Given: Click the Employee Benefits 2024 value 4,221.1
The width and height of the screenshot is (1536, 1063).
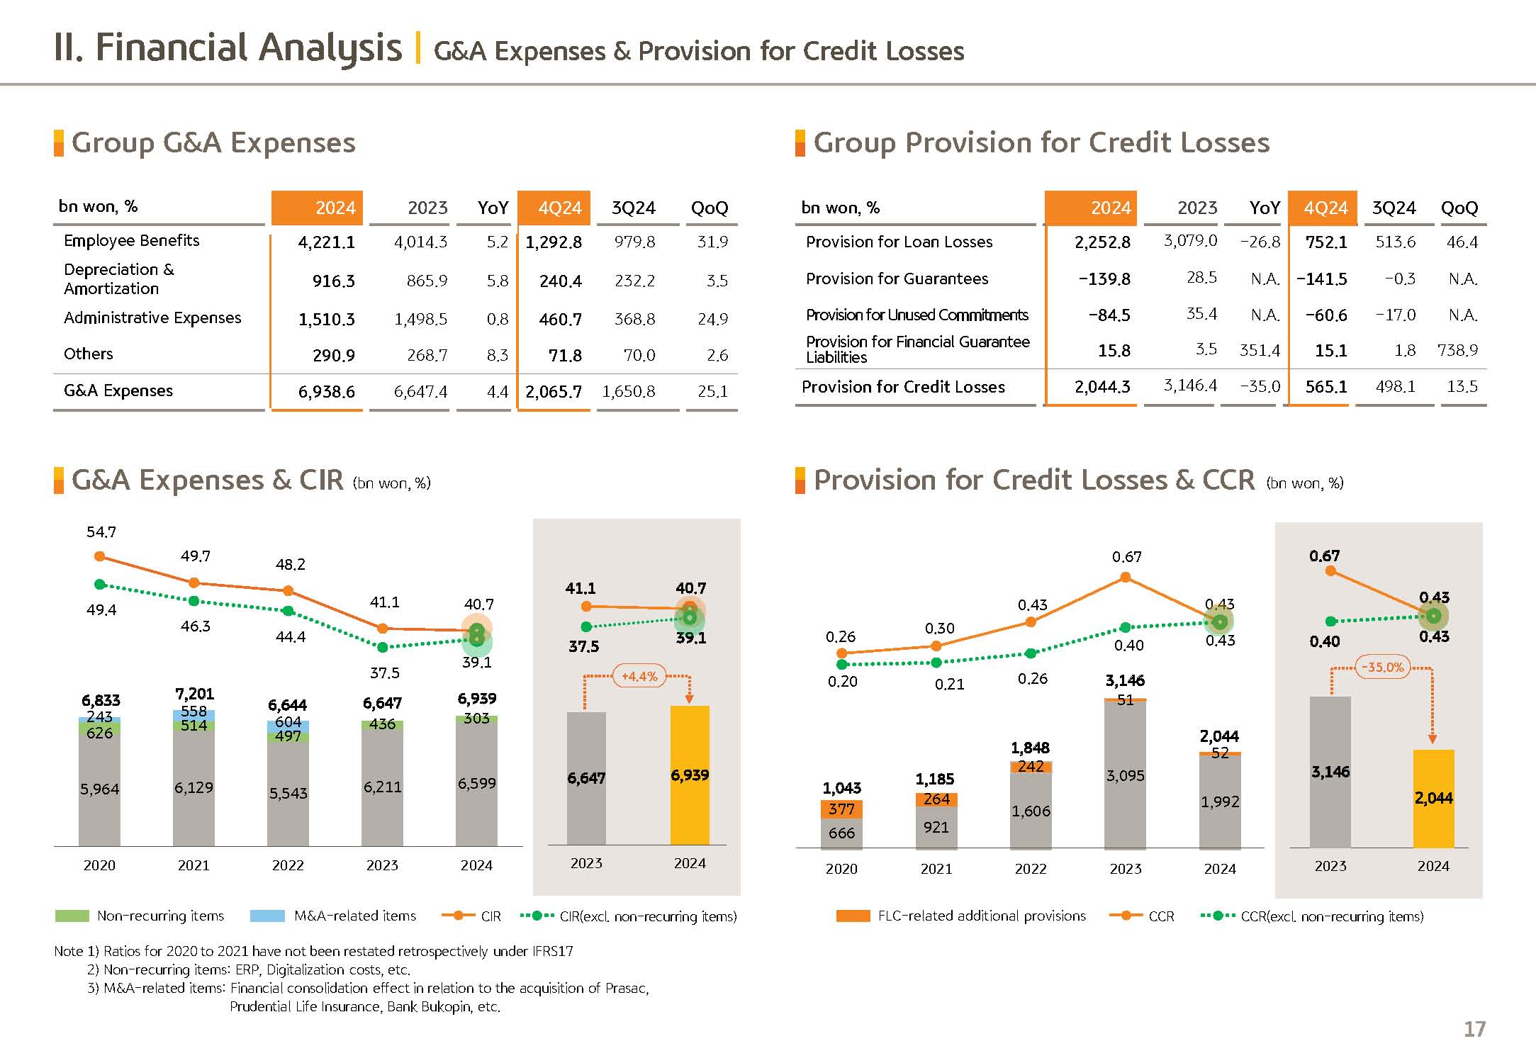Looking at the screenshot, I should pyautogui.click(x=326, y=242).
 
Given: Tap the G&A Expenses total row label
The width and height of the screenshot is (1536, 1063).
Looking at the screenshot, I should pyautogui.click(x=118, y=390).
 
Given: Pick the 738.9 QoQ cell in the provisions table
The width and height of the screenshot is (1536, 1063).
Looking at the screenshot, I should pyautogui.click(x=1457, y=350).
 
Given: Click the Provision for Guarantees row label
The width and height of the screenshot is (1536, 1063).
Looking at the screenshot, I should pyautogui.click(x=897, y=279).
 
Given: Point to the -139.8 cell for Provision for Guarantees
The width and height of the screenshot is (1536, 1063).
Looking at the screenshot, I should pyautogui.click(x=1104, y=279).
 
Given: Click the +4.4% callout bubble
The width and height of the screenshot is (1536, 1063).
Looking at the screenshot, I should pyautogui.click(x=639, y=676).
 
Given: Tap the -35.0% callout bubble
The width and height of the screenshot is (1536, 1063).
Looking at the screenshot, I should pyautogui.click(x=1383, y=667).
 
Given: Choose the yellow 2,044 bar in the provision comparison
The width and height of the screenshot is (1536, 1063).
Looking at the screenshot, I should pyautogui.click(x=1433, y=799).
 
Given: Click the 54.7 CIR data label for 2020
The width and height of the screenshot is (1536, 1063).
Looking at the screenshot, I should pyautogui.click(x=101, y=531).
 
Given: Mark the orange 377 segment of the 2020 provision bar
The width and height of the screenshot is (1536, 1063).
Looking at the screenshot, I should pyautogui.click(x=841, y=809).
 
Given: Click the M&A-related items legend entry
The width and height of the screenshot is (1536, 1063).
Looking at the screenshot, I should pyautogui.click(x=354, y=916).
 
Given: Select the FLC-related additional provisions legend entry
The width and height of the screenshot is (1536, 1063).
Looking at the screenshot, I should pyautogui.click(x=981, y=916).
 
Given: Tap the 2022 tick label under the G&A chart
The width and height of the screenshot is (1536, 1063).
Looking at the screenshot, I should pyautogui.click(x=288, y=865).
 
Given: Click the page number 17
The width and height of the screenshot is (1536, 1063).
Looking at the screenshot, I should pyautogui.click(x=1474, y=1029).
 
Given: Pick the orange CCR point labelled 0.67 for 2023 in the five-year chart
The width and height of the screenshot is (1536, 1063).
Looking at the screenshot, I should pyautogui.click(x=1125, y=578).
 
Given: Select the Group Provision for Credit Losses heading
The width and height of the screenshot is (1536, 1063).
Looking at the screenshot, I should pyautogui.click(x=1041, y=142).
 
